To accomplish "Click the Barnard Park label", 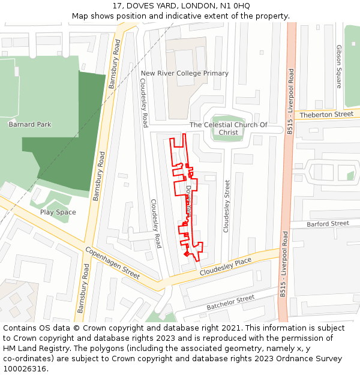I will point(30,124).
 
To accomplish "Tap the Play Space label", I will point(58,212).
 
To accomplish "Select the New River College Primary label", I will point(184,73).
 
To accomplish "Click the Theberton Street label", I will point(326,114).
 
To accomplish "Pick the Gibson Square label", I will point(339,66).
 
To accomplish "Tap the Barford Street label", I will point(328,223).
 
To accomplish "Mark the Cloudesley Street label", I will point(227,206).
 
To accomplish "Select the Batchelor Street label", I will point(230,302).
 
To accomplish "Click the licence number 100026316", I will point(25,368).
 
